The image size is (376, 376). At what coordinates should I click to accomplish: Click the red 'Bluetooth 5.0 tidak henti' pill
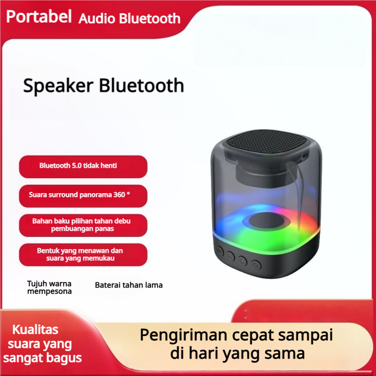(83, 166)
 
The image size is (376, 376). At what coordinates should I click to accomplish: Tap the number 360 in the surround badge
(119, 195)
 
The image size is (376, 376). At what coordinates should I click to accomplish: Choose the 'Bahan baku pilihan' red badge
(83, 225)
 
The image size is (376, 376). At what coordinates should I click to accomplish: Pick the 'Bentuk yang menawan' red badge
(83, 254)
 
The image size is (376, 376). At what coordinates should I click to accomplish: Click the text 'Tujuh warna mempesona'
(49, 288)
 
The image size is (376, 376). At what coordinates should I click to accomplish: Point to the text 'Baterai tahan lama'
(129, 285)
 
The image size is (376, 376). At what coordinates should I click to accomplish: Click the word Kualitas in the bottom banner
(35, 329)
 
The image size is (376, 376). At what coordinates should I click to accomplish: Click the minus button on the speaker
(230, 256)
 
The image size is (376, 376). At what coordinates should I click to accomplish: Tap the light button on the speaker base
(256, 265)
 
